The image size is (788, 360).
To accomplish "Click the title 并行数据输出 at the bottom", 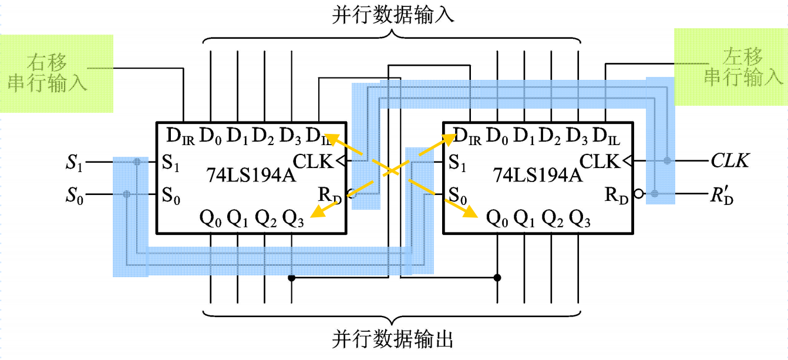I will click(393, 339).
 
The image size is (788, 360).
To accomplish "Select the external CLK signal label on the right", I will click(729, 160).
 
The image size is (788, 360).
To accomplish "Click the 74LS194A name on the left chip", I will click(252, 175).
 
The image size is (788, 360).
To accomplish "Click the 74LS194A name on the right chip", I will click(538, 175).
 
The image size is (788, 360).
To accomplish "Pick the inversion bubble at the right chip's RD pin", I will click(638, 193).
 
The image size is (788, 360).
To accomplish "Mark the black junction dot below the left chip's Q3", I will click(291, 278).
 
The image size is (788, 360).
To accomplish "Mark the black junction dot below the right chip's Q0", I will click(497, 278).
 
